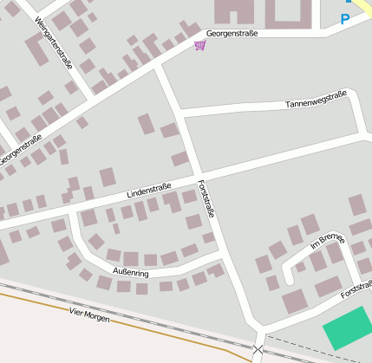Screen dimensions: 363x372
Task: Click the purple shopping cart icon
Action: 200,44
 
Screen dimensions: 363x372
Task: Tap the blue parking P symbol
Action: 345,19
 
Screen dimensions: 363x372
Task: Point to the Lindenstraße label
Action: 148,188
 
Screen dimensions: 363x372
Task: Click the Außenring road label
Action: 130,273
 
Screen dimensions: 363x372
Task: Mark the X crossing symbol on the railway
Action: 258,349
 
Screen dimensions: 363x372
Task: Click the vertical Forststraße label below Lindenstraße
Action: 207,199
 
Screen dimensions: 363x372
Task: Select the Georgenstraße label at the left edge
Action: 19,146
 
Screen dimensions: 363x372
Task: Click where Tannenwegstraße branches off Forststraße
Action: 179,113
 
